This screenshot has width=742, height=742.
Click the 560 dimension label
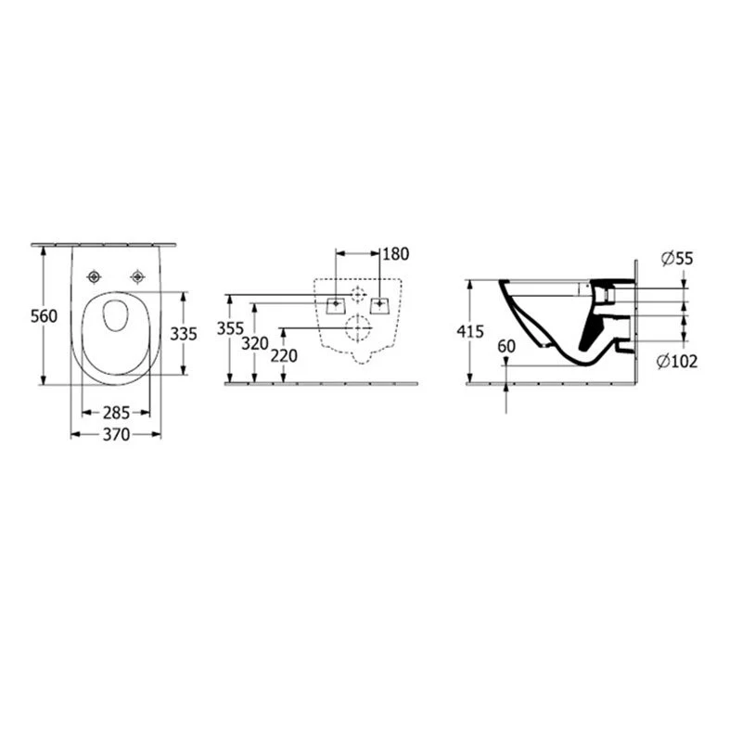(44, 316)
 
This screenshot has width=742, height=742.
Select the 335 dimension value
(184, 334)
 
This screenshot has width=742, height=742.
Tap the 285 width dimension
(116, 413)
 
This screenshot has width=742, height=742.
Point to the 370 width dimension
(116, 434)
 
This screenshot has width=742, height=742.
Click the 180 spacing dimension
(396, 254)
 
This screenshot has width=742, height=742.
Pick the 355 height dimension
(230, 328)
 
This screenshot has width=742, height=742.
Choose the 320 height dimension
(255, 343)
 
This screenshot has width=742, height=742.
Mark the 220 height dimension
(284, 356)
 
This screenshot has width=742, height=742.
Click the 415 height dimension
(470, 331)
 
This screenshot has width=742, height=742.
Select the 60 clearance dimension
(506, 346)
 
